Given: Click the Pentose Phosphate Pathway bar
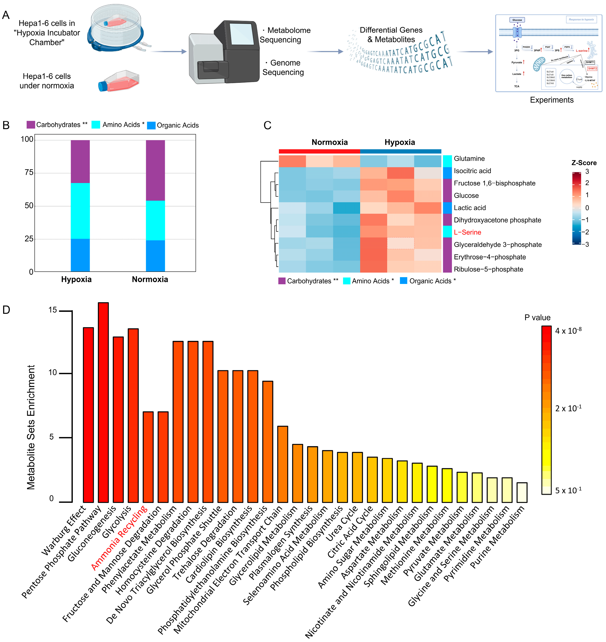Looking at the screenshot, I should (x=103, y=402).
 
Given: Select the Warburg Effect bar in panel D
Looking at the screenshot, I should (x=88, y=415).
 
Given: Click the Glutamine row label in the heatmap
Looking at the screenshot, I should (x=469, y=159).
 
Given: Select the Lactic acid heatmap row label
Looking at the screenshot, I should (x=469, y=208).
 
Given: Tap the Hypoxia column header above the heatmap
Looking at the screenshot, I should (x=400, y=142).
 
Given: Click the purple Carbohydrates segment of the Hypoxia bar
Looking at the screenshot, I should (x=80, y=161).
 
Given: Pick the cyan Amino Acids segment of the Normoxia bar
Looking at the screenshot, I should (x=155, y=220).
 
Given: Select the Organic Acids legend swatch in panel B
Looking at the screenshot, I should (x=151, y=125).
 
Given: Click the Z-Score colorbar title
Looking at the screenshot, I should (x=584, y=163).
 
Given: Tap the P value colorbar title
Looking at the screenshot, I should (x=537, y=317).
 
